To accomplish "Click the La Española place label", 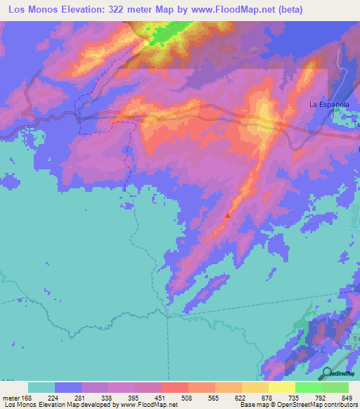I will (329, 105).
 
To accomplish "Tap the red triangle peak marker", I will (226, 216).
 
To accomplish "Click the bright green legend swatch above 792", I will (309, 387).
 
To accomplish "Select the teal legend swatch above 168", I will (41, 387).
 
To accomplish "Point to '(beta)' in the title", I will (333, 10).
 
